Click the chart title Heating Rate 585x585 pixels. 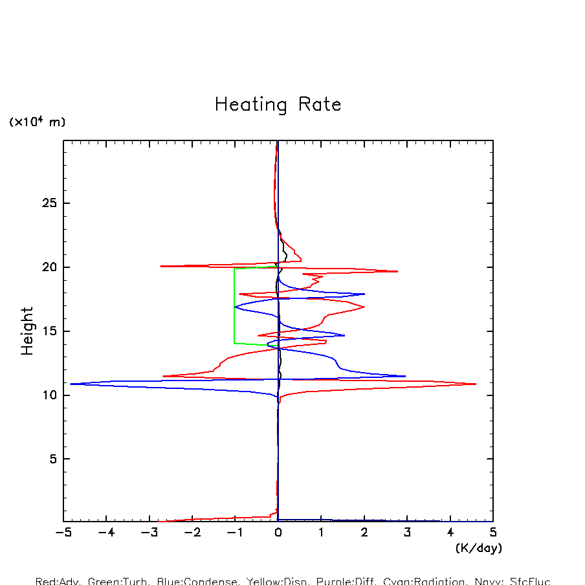(x=278, y=104)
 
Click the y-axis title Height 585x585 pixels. (x=27, y=331)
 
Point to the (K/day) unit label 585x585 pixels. (x=479, y=548)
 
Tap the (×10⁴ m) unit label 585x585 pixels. (x=37, y=122)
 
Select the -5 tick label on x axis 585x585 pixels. (x=63, y=533)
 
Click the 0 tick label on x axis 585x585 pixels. (x=278, y=533)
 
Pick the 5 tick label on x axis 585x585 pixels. (x=493, y=533)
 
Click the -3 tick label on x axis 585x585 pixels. (x=149, y=533)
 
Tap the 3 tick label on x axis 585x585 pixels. (x=407, y=533)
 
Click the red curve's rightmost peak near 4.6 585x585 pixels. (x=475, y=384)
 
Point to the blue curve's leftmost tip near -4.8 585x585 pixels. (x=71, y=384)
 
